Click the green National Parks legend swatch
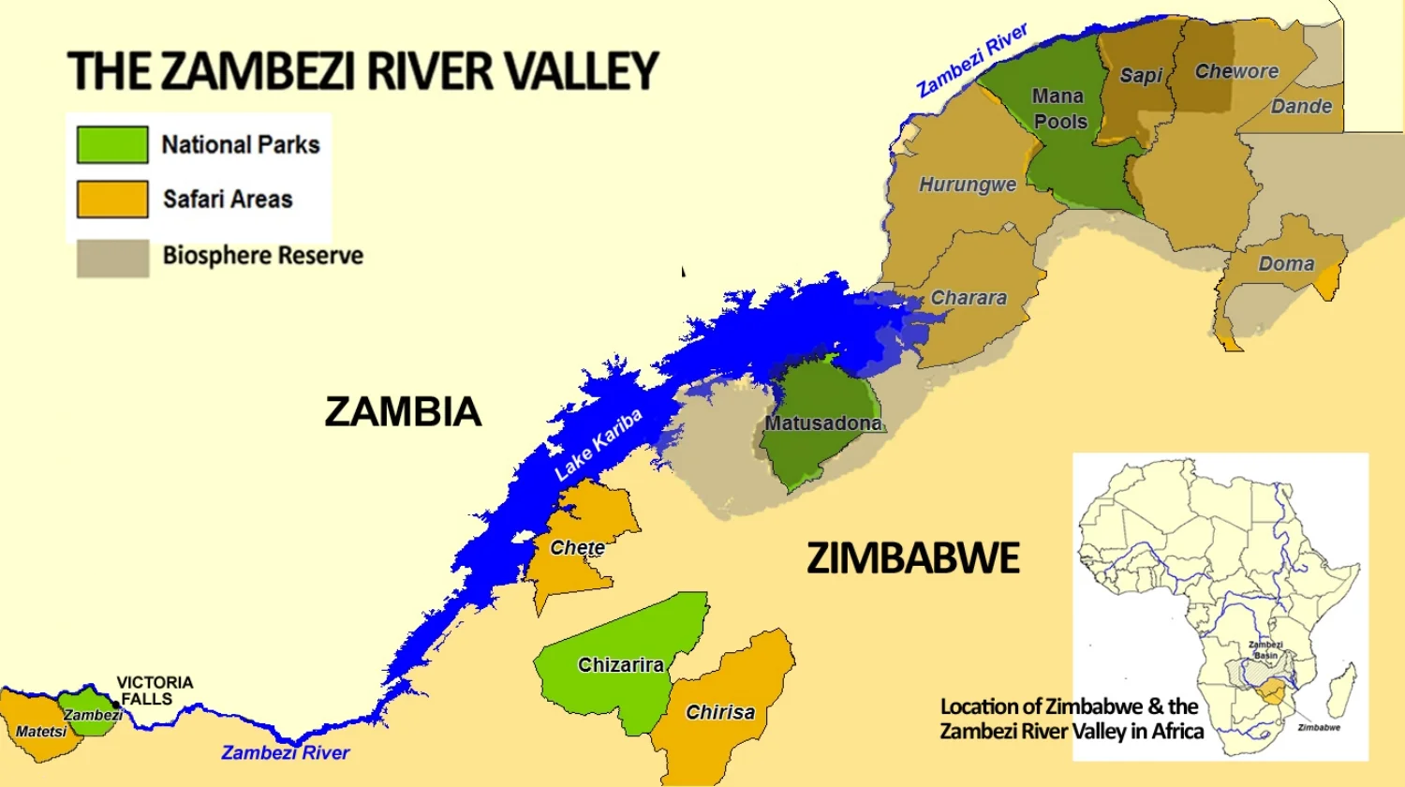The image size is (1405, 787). pyautogui.click(x=112, y=145)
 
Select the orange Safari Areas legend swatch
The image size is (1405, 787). pyautogui.click(x=112, y=200)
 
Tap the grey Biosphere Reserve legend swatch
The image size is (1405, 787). pyautogui.click(x=112, y=258)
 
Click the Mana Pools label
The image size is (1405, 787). pyautogui.click(x=1059, y=109)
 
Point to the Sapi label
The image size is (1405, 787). pyautogui.click(x=1141, y=76)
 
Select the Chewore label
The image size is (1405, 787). pyautogui.click(x=1236, y=71)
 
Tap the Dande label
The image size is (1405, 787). pyautogui.click(x=1301, y=107)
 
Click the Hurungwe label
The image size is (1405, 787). pyautogui.click(x=967, y=185)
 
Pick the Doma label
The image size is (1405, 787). pyautogui.click(x=1285, y=264)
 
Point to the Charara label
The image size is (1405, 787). pyautogui.click(x=968, y=298)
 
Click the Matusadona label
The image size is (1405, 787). pyautogui.click(x=822, y=423)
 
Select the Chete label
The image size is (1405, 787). pyautogui.click(x=577, y=547)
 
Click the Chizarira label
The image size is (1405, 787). pyautogui.click(x=620, y=665)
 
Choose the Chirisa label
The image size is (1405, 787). pyautogui.click(x=719, y=712)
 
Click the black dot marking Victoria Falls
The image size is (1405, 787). pyautogui.click(x=116, y=705)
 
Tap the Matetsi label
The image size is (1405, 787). pyautogui.click(x=40, y=732)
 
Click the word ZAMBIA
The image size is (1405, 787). pyautogui.click(x=403, y=412)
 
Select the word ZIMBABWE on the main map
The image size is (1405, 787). pyautogui.click(x=912, y=558)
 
